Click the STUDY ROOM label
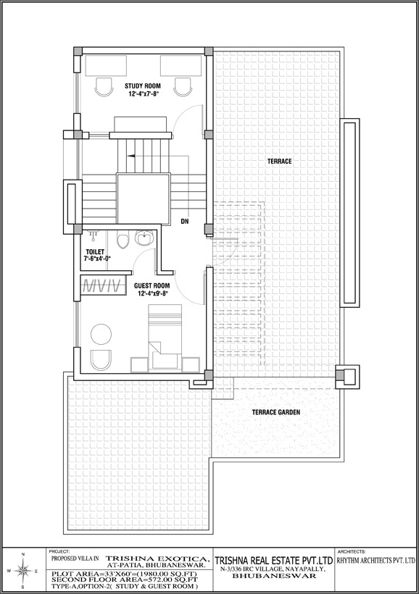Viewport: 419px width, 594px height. click(x=143, y=86)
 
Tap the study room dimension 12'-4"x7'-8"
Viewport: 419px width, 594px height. click(x=143, y=93)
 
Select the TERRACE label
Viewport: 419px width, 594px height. click(x=280, y=162)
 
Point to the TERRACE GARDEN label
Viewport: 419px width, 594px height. click(x=276, y=412)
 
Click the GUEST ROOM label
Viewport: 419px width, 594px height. click(x=152, y=285)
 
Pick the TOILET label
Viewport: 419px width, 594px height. click(x=95, y=251)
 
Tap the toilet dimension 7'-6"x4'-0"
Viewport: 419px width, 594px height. click(x=97, y=259)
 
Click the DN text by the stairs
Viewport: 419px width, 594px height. click(x=185, y=221)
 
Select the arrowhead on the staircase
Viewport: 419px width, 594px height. click(x=131, y=156)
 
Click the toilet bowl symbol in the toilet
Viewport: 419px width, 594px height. click(x=123, y=239)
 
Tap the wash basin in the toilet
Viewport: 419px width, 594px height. click(x=144, y=238)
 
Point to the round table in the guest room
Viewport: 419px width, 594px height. click(x=101, y=335)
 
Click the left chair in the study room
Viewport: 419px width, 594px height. click(x=103, y=88)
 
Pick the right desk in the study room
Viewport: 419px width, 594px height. click(x=181, y=65)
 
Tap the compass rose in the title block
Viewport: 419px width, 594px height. click(x=22, y=571)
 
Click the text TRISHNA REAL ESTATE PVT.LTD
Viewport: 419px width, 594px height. click(x=274, y=560)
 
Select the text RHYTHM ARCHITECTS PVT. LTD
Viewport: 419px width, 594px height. click(x=376, y=560)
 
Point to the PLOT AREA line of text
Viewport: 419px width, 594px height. click(x=125, y=573)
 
